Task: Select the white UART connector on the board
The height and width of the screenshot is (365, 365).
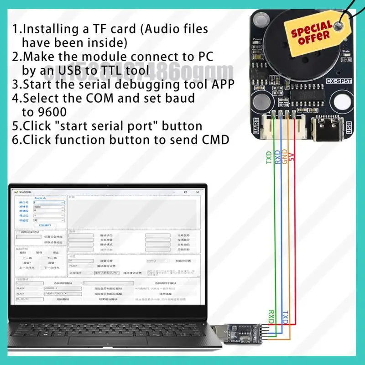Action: point(287,126)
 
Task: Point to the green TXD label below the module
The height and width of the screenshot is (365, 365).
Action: point(269,157)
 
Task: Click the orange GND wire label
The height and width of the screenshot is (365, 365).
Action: point(285,157)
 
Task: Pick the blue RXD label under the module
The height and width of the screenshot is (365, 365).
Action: point(277,157)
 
